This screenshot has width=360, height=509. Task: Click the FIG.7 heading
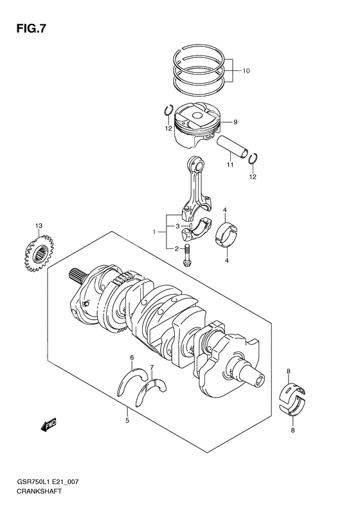[x=31, y=28]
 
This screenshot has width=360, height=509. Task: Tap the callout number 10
[x=246, y=71]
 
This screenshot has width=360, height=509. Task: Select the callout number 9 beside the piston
[x=235, y=122]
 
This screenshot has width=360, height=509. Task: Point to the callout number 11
[x=230, y=165]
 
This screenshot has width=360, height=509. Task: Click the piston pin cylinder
[x=233, y=147]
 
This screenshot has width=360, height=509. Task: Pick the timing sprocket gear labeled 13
[x=40, y=252]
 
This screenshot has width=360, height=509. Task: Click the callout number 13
[x=39, y=225]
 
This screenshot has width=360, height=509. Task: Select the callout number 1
[x=155, y=232]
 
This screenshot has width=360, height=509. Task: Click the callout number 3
[x=177, y=227]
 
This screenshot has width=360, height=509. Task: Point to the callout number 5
[x=127, y=420]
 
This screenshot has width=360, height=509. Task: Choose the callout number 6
[x=132, y=357]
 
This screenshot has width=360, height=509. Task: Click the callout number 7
[x=152, y=367]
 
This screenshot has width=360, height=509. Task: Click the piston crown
[x=197, y=115]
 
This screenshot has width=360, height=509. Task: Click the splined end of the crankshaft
[x=77, y=275]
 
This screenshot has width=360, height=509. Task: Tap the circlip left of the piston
[x=168, y=111]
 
